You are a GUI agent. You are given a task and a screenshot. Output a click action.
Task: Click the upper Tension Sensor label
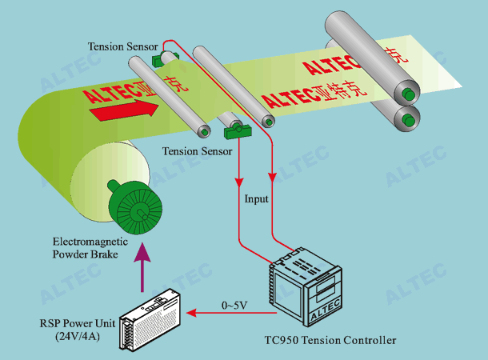point(123,46)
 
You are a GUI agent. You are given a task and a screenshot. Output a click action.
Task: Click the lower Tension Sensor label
point(197,150)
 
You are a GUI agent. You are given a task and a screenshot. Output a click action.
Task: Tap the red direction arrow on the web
point(119,111)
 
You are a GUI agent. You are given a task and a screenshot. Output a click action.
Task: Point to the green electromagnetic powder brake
point(135,210)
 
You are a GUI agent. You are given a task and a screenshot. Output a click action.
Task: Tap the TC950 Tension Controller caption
point(330,341)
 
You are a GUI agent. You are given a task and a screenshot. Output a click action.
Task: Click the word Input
point(256,198)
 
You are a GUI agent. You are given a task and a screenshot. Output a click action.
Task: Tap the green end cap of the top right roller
point(410,94)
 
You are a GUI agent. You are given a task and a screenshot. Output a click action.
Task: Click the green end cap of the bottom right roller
point(410,121)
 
